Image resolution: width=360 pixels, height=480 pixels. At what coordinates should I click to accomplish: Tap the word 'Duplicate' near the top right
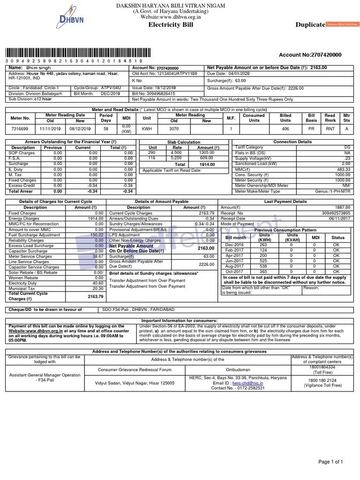(x=310, y=24)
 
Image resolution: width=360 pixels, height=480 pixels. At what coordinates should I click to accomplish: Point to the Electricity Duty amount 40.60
(x=98, y=283)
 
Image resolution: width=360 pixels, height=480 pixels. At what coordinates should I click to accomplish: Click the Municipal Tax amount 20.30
(x=98, y=289)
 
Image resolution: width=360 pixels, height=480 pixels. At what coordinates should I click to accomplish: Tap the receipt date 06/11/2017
(x=340, y=218)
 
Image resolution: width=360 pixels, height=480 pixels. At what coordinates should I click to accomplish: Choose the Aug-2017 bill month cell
(x=234, y=266)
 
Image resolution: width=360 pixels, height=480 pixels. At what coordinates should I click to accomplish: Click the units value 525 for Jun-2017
(x=263, y=261)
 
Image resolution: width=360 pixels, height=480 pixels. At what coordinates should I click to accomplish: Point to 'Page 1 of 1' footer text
(x=331, y=462)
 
